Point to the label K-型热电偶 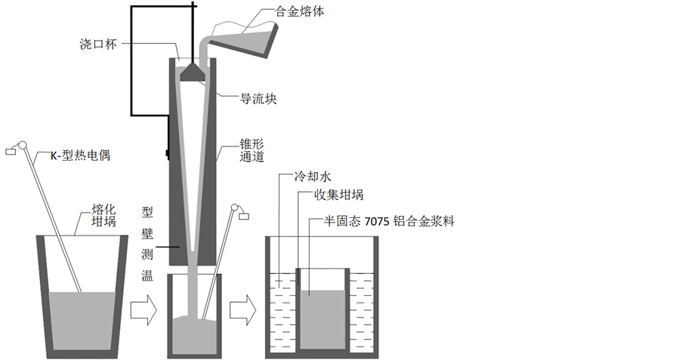(x=79, y=156)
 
